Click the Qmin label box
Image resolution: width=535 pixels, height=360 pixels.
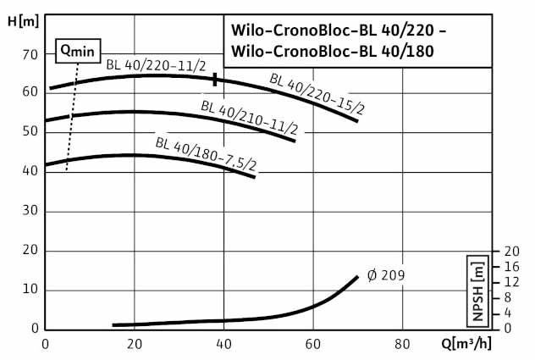coord(76,51)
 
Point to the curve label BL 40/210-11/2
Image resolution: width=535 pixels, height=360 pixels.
coord(249,119)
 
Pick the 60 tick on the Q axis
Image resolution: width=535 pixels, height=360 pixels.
coord(313,344)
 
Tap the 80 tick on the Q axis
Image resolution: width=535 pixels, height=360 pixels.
coord(402,344)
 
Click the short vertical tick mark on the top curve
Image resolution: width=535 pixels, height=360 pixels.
coord(216,79)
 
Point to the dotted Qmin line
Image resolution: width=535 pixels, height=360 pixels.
coord(71,119)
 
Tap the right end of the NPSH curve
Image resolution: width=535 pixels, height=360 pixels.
coord(357,277)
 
